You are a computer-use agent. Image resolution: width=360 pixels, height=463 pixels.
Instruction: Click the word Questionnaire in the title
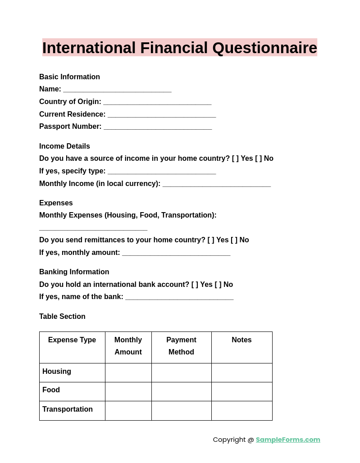[x=264, y=48]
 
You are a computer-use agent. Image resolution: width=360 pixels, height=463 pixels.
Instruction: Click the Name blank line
[x=117, y=90]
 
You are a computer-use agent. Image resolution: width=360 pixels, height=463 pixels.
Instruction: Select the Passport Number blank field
[x=158, y=127]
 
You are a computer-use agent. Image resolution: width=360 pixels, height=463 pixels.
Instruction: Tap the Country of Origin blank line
[x=157, y=103]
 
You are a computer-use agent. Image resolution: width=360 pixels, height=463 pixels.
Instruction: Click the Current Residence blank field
[x=162, y=115]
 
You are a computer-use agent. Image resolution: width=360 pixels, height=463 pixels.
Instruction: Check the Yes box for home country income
[x=235, y=159]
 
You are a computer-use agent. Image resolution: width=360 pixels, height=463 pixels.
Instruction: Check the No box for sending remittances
[x=234, y=240]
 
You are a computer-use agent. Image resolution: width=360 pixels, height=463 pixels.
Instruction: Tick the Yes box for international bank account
[x=195, y=285]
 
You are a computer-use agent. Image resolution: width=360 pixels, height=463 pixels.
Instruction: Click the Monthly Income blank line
[x=216, y=185]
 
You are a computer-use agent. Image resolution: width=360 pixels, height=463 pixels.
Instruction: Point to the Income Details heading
[x=64, y=146]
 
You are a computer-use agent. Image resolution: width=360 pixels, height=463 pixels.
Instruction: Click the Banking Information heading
[x=74, y=272]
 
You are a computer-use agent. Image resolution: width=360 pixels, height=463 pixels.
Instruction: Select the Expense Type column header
[x=72, y=340]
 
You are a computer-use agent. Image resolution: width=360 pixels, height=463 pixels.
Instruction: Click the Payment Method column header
[x=181, y=346]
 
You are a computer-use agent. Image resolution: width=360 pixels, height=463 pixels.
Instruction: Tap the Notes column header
[x=242, y=340]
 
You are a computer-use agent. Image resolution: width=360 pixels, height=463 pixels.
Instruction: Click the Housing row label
[x=57, y=372]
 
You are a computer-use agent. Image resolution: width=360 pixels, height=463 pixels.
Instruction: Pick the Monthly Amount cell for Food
[x=128, y=391]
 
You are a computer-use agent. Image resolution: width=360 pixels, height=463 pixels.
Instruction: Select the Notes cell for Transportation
[x=242, y=410]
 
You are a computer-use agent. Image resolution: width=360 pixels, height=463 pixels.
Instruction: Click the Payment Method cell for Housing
[x=181, y=372]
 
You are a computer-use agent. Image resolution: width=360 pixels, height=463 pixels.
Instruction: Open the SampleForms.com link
[x=288, y=440]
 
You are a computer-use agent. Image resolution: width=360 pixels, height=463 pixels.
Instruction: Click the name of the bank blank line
[x=179, y=298]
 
